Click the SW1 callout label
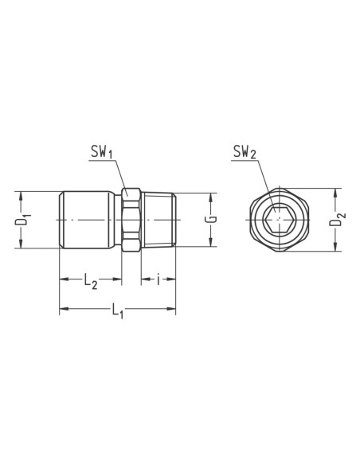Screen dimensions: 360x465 [101, 152]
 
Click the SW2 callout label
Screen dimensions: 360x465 [245, 152]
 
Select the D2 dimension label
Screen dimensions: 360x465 [338, 219]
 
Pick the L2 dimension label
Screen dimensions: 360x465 [91, 280]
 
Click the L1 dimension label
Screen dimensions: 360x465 [117, 311]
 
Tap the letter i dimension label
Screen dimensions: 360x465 [158, 279]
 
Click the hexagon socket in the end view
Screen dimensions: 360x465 [278, 220]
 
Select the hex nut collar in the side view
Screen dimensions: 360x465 [131, 220]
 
